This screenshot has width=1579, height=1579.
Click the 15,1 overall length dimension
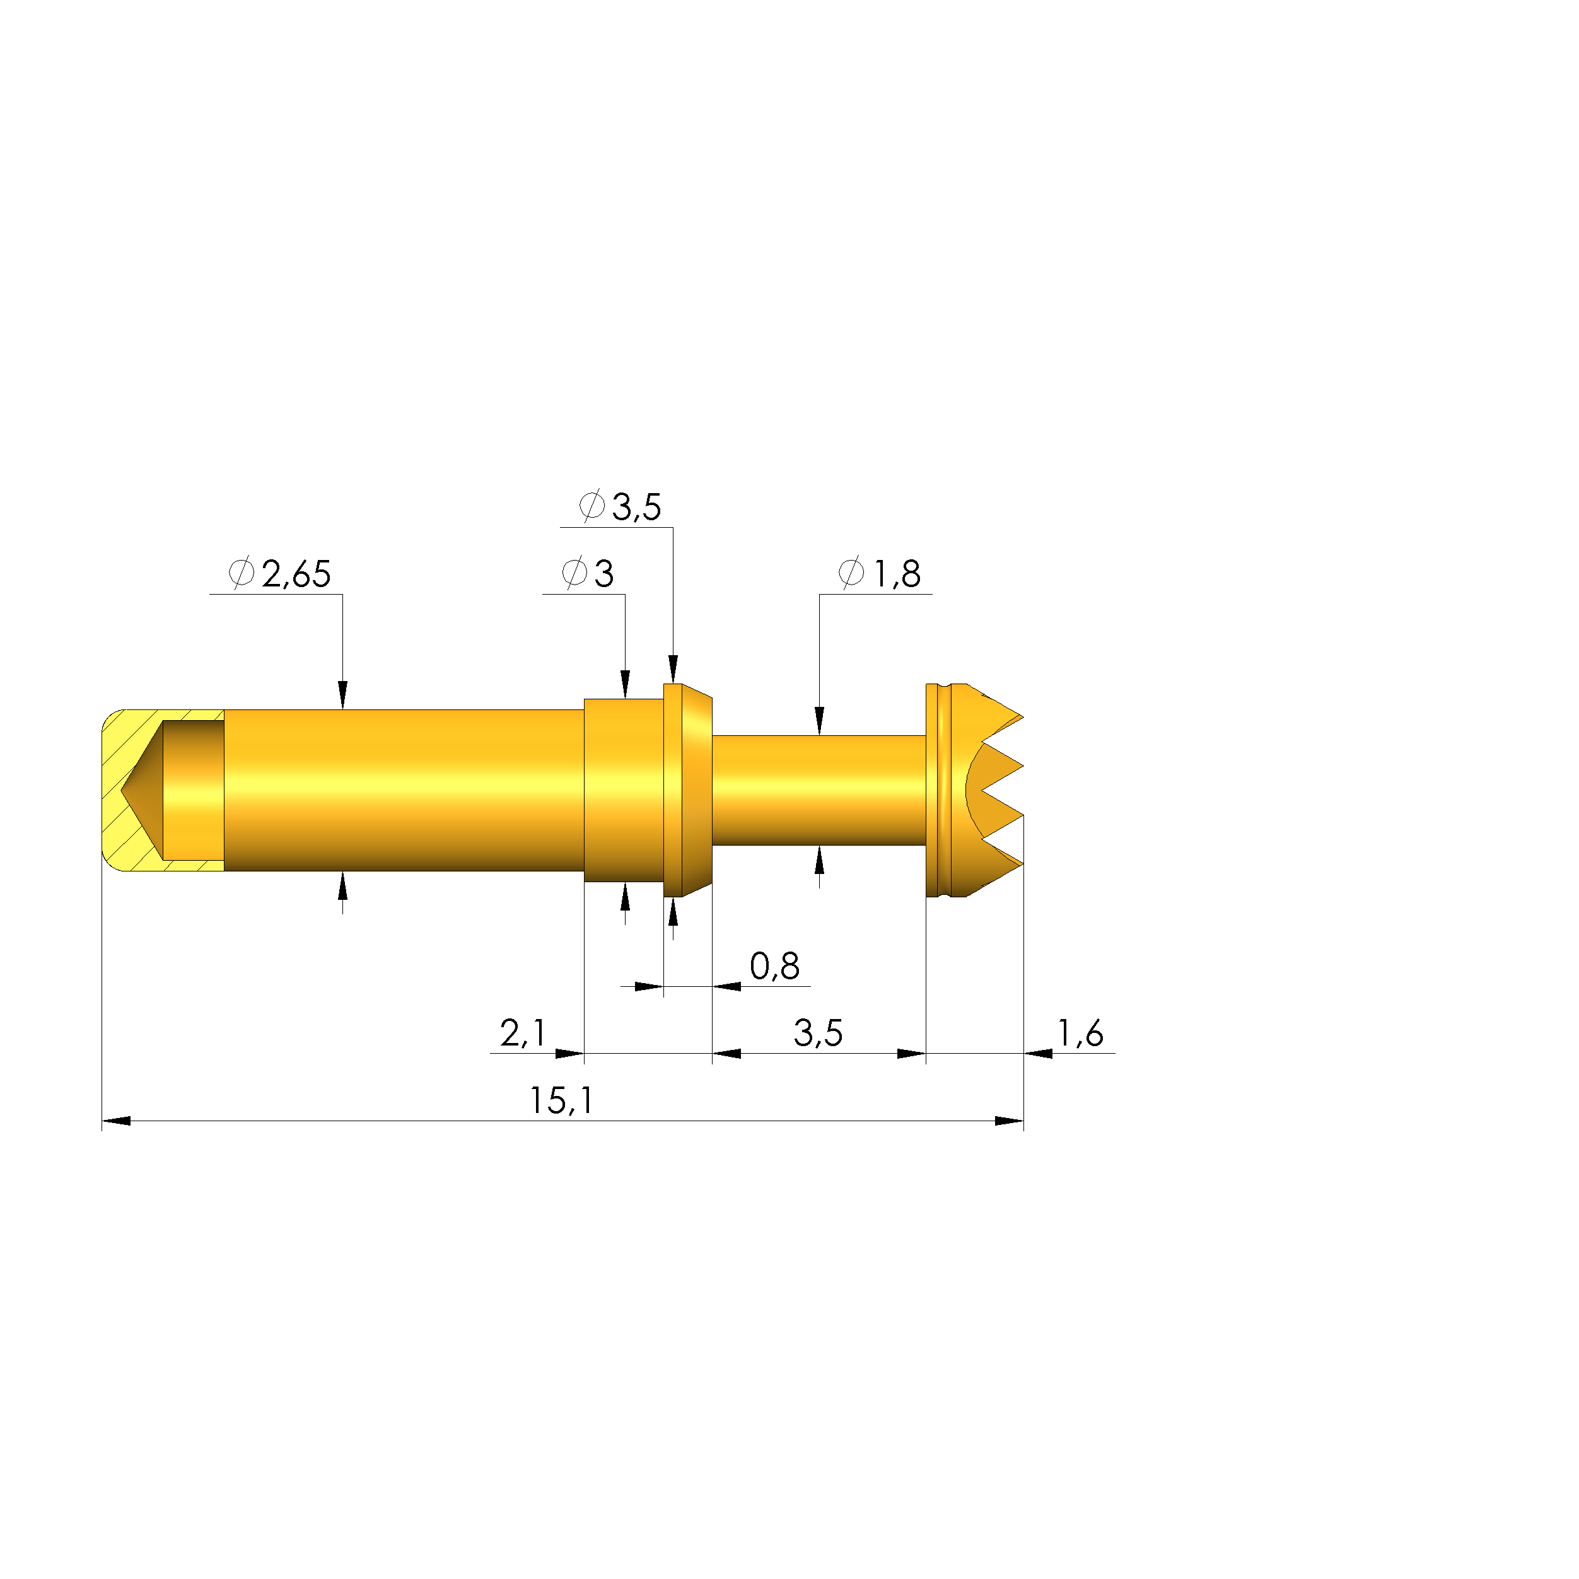[x=561, y=1101]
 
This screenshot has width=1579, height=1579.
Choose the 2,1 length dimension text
[x=523, y=1034]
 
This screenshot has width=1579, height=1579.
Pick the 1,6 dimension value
[x=1080, y=1034]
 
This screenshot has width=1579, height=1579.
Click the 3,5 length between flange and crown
[x=818, y=1034]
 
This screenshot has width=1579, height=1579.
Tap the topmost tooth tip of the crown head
[x=1021, y=718]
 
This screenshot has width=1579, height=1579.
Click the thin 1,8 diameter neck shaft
[x=818, y=790]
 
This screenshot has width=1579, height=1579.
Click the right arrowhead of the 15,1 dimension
[x=1010, y=1121]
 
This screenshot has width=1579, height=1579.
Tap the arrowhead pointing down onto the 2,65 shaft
[x=342, y=696]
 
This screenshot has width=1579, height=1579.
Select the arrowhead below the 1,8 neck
[x=820, y=859]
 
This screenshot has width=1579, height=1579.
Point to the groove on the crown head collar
[x=947, y=790]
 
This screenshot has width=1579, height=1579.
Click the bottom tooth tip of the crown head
[x=1021, y=864]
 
